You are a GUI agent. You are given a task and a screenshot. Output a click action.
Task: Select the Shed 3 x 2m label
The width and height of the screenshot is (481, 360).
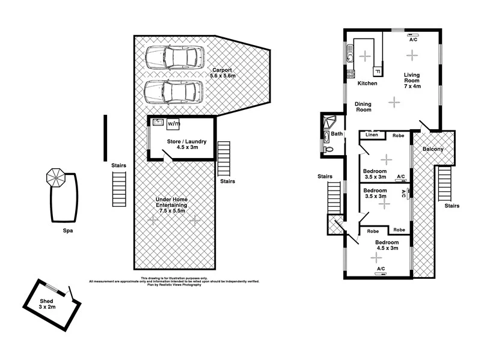pyautogui.click(x=47, y=304)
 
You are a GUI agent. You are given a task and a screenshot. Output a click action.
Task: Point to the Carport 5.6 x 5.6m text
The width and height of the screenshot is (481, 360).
pyautogui.click(x=222, y=73)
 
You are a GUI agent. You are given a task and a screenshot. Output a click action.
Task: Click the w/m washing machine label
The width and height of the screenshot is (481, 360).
pyautogui.click(x=174, y=123)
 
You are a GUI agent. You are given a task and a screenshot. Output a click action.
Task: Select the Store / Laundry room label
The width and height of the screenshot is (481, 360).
pyautogui.click(x=186, y=144)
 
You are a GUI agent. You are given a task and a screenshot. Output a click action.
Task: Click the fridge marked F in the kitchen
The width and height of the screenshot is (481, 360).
pyautogui.click(x=376, y=71)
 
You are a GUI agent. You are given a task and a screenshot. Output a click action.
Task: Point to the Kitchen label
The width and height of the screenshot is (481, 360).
pyautogui.click(x=367, y=84)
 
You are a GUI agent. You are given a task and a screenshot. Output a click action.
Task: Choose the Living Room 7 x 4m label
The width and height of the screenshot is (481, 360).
pyautogui.click(x=412, y=81)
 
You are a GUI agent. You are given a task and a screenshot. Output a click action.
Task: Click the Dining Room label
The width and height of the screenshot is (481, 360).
pyautogui.click(x=363, y=107)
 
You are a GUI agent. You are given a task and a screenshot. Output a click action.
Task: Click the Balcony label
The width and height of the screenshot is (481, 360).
pyautogui.click(x=433, y=149)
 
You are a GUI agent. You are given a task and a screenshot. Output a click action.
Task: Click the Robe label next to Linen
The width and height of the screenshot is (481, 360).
pyautogui.click(x=398, y=136)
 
